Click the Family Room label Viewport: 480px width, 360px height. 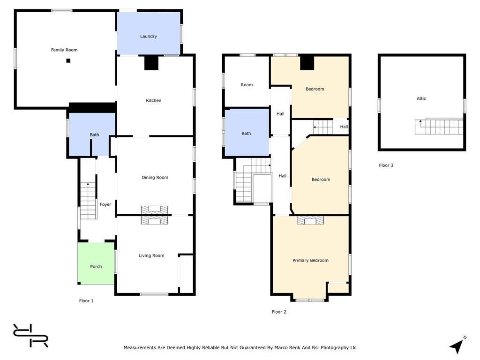pyautogui.click(x=64, y=50)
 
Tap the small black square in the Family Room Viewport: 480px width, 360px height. pyautogui.click(x=68, y=60)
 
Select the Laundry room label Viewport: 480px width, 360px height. pyautogui.click(x=149, y=37)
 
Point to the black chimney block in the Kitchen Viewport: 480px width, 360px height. pyautogui.click(x=151, y=63)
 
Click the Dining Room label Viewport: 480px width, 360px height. pyautogui.click(x=155, y=178)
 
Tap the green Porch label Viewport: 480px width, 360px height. pyautogui.click(x=96, y=267)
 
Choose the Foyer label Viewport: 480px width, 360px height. pyautogui.click(x=105, y=204)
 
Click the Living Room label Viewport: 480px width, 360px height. pyautogui.click(x=151, y=255)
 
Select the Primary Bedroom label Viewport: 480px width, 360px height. pyautogui.click(x=310, y=261)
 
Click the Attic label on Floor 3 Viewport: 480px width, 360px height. pyautogui.click(x=421, y=98)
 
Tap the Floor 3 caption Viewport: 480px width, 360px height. pyautogui.click(x=386, y=165)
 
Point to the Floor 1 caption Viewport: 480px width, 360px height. pyautogui.click(x=86, y=301)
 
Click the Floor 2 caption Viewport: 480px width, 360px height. pyautogui.click(x=279, y=312)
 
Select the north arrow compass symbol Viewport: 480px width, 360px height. pyautogui.click(x=457, y=345)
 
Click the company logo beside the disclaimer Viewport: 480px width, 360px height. pyautogui.click(x=30, y=336)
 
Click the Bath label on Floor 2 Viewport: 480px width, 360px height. pyautogui.click(x=246, y=134)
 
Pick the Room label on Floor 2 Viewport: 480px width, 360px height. pyautogui.click(x=247, y=85)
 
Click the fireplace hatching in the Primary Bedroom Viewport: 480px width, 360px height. pyautogui.click(x=310, y=220)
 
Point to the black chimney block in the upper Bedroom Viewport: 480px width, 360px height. pyautogui.click(x=307, y=63)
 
